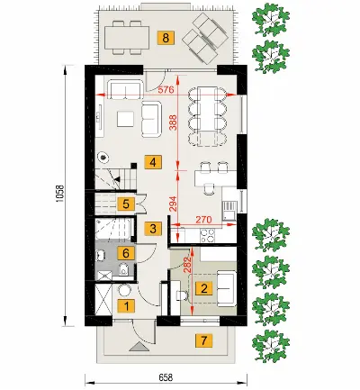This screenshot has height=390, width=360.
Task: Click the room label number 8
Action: (166, 38)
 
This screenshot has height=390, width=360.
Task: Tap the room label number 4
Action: (153, 163)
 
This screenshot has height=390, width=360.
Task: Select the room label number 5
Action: (126, 204)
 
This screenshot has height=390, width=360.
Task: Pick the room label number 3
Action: (153, 229)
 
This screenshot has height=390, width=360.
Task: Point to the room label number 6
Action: (126, 253)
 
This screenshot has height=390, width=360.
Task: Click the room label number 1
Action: (126, 306)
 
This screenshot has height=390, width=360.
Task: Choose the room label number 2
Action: (204, 289)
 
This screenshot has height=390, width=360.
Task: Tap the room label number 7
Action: (204, 340)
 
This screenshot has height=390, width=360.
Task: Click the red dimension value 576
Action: (166, 90)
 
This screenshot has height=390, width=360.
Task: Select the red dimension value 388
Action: (174, 122)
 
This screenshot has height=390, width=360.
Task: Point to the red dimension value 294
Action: (174, 204)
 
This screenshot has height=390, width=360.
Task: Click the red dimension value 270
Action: (203, 220)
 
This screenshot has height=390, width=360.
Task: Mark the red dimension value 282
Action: (188, 265)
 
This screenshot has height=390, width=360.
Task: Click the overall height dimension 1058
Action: (60, 194)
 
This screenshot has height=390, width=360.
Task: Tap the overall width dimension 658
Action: (166, 376)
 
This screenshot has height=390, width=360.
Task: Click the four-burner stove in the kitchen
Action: (207, 235)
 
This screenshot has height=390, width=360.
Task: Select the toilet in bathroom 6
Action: (123, 269)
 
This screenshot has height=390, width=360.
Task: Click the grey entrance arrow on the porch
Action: (139, 346)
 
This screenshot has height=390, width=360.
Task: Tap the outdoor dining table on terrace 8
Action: (127, 38)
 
